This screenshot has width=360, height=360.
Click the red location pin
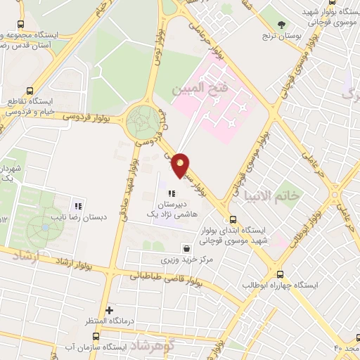(x=181, y=165)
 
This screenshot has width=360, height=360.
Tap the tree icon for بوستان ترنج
(x=282, y=25)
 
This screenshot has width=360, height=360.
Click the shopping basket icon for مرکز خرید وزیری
(x=186, y=248)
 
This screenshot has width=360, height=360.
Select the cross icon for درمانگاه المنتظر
(x=108, y=310)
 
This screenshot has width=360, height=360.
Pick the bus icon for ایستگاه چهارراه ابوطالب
(x=281, y=274)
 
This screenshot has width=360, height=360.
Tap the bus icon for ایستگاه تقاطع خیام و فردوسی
(x=30, y=91)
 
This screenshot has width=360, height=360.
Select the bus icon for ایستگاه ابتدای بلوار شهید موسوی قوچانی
(x=233, y=218)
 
